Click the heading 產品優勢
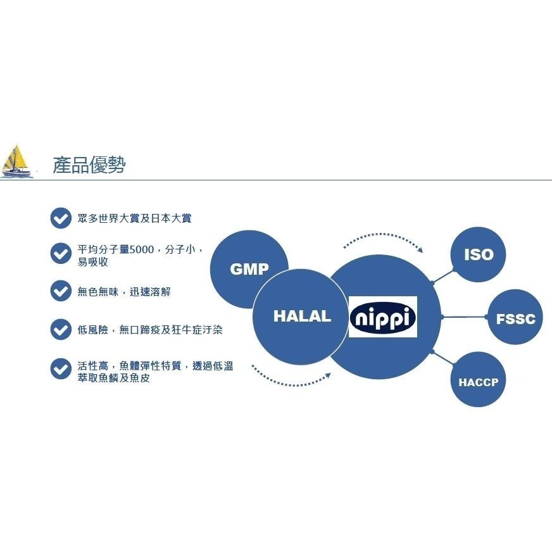(89, 165)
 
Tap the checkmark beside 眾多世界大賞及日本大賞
(61, 218)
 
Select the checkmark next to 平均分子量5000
(61, 253)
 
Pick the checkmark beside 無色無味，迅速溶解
(61, 291)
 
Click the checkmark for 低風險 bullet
(61, 330)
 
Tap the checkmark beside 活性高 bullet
(61, 369)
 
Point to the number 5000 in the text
(141, 250)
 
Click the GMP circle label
(249, 268)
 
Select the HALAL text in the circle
(302, 317)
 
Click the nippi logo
(383, 317)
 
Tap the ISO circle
(478, 254)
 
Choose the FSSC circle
(515, 318)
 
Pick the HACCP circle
(478, 382)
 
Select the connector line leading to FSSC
(465, 317)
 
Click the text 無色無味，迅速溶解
(123, 292)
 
